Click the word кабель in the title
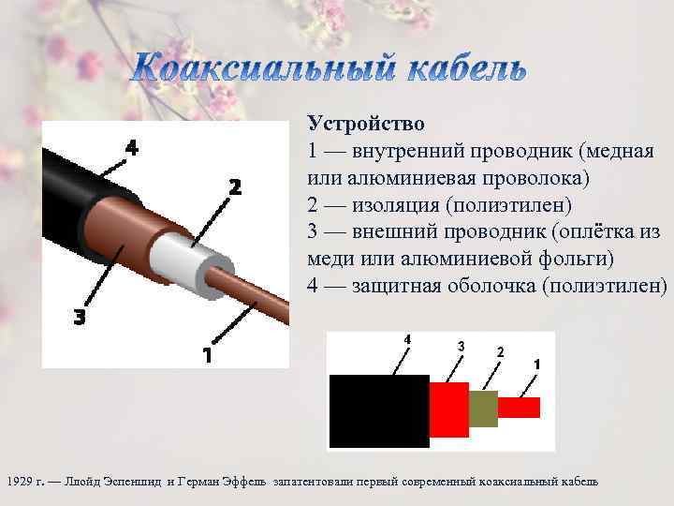click(462, 67)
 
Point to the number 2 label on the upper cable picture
click(235, 186)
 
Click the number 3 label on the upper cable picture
click(81, 318)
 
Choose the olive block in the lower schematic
click(482, 409)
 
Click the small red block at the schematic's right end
click(519, 408)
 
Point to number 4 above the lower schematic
click(406, 338)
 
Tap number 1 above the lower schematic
click(536, 364)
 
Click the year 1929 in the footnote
click(20, 481)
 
